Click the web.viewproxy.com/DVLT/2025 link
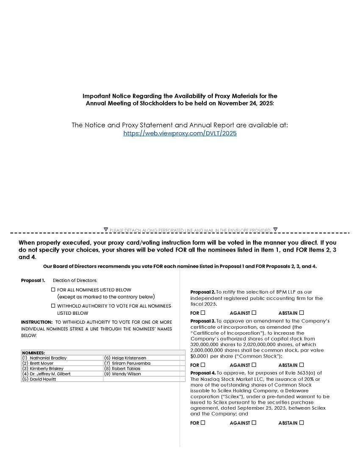click(180, 133)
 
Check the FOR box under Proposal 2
click(203, 313)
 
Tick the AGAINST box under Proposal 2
click(254, 313)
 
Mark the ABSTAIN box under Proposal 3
click(302, 365)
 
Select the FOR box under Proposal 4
click(203, 423)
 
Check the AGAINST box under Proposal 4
click(254, 423)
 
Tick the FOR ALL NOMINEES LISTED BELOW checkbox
click(53, 290)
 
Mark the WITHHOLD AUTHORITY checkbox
click(53, 305)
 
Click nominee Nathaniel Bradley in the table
click(48, 358)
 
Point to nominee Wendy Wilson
click(126, 374)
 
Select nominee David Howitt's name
click(43, 379)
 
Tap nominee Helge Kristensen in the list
click(129, 358)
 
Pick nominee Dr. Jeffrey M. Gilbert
click(50, 374)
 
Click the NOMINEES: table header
click(33, 352)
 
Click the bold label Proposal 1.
click(33, 280)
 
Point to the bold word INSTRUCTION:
click(37, 322)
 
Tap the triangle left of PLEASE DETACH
click(106, 230)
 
